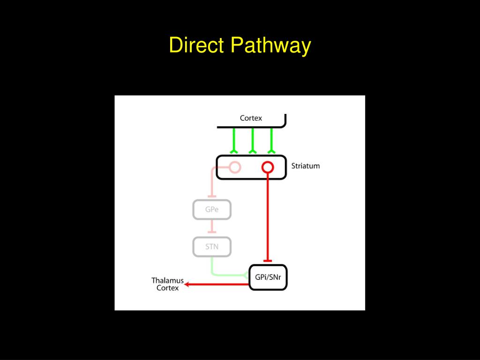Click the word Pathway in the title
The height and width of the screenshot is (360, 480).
[270, 46]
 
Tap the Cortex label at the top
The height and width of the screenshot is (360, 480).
[251, 118]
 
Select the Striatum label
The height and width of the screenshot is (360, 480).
[306, 166]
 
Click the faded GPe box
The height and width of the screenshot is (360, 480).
[212, 210]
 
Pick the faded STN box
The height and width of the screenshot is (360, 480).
[212, 247]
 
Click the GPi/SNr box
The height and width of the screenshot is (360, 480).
[268, 277]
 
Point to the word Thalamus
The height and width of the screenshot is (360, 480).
[167, 280]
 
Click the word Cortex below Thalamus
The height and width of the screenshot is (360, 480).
[167, 288]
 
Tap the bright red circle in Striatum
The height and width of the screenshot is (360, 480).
[267, 166]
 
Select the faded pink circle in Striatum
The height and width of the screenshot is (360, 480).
[235, 166]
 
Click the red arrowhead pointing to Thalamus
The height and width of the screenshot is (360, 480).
[187, 284]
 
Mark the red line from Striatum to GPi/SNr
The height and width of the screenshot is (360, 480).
[267, 216]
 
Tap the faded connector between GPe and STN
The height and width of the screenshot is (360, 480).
[212, 228]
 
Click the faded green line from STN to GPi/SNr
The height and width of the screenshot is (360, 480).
[225, 275]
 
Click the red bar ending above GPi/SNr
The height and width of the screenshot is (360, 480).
[267, 261]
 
